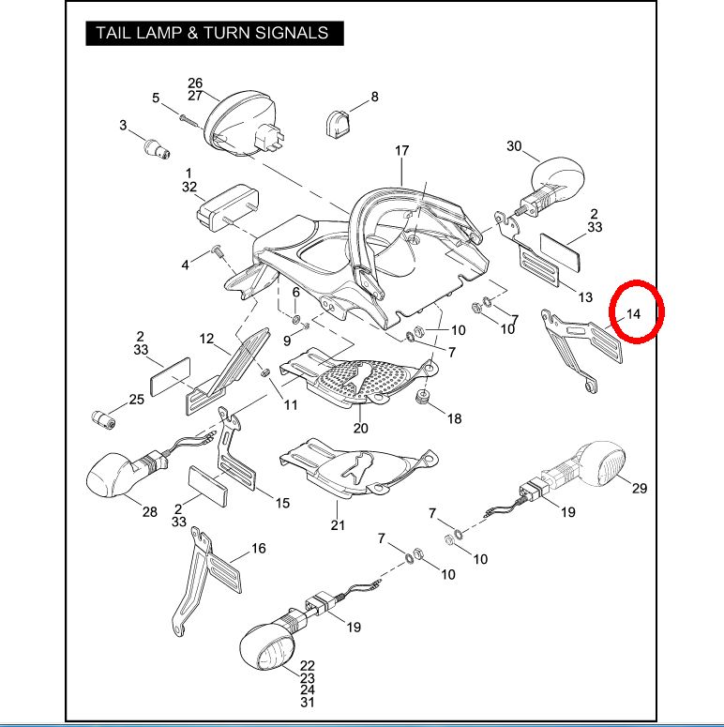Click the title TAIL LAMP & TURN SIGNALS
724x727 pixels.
coord(213,33)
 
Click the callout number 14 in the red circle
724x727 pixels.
coord(634,314)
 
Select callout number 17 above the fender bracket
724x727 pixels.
coord(401,151)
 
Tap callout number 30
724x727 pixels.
coord(513,146)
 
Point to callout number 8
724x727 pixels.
coord(374,97)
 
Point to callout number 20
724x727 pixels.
coord(361,428)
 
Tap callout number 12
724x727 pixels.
coord(207,339)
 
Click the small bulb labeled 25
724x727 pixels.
coord(101,417)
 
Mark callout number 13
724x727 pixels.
coord(584,297)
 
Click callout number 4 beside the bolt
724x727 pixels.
coord(185,265)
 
